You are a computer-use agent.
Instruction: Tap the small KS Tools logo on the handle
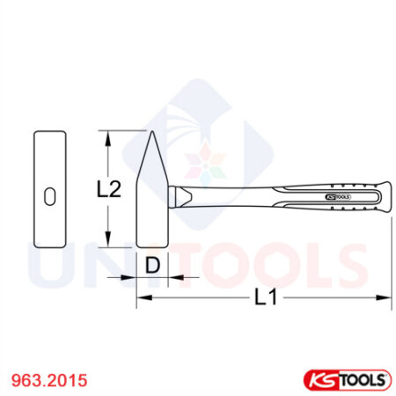click(338, 198)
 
